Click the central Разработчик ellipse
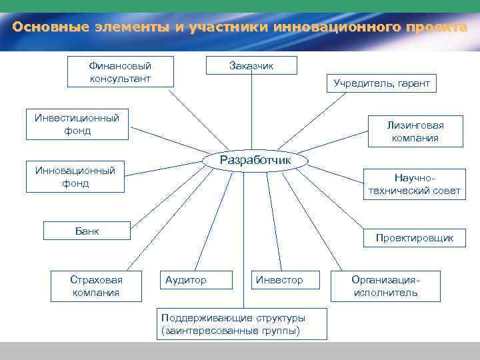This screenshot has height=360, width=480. (255, 161)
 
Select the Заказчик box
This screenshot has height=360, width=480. (251, 65)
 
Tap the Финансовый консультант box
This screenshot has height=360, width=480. (120, 72)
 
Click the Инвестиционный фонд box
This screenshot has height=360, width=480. (77, 124)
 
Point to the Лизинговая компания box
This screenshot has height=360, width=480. (415, 131)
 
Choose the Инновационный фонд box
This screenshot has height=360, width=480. (75, 177)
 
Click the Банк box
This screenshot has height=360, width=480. (87, 231)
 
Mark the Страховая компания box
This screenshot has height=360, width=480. (96, 286)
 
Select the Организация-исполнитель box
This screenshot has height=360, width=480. (386, 286)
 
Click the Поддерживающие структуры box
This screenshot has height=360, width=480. (242, 323)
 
